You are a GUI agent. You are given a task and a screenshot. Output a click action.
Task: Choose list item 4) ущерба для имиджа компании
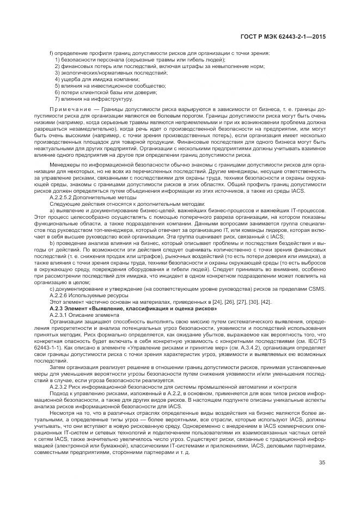pos(93,79)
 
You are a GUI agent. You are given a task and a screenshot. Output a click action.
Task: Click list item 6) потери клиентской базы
pos(102,92)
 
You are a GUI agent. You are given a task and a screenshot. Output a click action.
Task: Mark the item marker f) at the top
pos(51,53)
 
